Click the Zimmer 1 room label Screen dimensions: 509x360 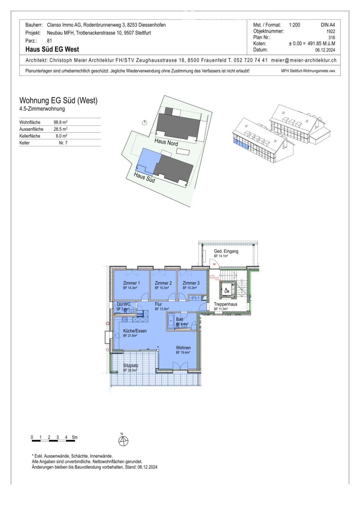(x=131, y=283)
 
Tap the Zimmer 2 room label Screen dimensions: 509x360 (x=163, y=283)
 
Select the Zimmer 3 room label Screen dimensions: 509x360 (x=191, y=283)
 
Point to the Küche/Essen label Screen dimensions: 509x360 (x=135, y=331)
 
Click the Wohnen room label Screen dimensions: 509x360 (x=183, y=348)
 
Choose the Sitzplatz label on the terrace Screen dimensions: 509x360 (x=131, y=365)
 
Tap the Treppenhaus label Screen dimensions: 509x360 (x=225, y=304)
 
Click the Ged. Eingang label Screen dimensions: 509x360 (x=226, y=251)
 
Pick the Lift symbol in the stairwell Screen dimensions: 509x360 (x=226, y=290)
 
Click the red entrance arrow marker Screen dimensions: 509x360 (x=214, y=264)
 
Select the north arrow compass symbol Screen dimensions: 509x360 (x=123, y=440)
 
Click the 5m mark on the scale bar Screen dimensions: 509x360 (x=75, y=438)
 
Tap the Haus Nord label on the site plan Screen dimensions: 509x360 (x=166, y=142)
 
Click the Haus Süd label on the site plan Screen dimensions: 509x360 (x=144, y=177)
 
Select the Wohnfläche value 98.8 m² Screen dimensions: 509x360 (x=60, y=122)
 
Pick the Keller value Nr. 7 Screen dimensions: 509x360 (x=63, y=143)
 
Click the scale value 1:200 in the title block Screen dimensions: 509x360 (x=294, y=25)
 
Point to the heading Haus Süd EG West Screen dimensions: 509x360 (x=52, y=49)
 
